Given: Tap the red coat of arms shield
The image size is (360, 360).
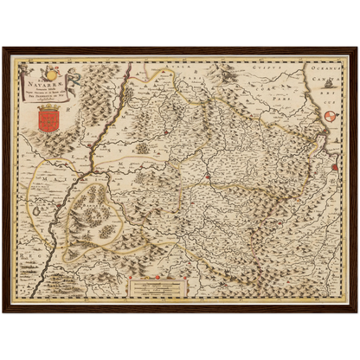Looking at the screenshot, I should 48,118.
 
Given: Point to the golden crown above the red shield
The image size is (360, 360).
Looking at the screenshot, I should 48,105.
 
